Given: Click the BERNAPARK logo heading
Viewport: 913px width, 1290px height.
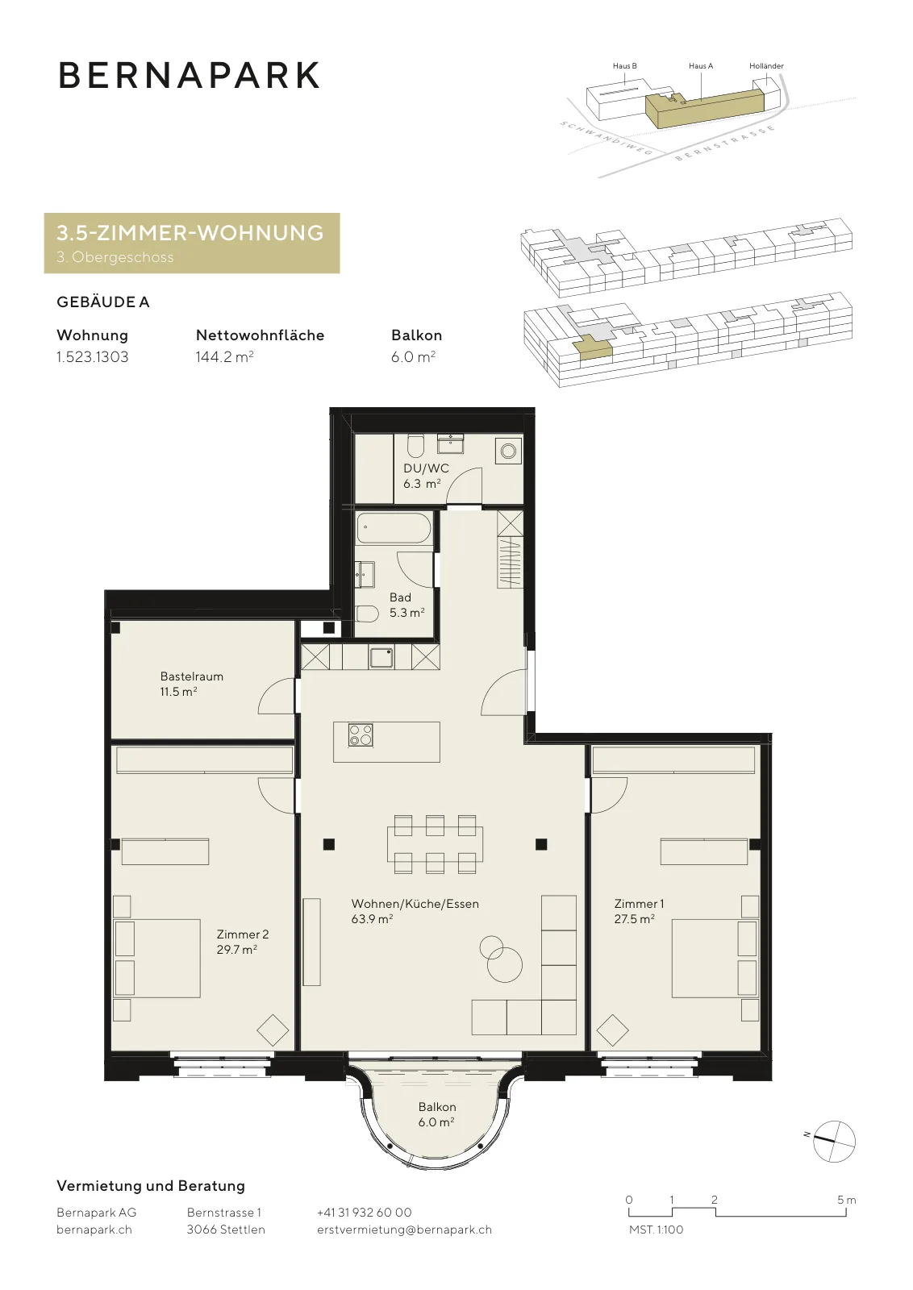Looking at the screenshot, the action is click(189, 75).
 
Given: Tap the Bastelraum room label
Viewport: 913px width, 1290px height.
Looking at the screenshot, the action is click(192, 676).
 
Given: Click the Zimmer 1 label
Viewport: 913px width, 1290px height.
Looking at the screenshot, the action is click(639, 904).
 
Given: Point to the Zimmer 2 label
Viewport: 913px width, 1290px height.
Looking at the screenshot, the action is click(243, 934).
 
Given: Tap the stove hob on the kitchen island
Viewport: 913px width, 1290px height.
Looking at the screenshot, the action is click(361, 734).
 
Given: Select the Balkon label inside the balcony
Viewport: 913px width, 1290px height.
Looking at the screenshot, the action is click(437, 1107).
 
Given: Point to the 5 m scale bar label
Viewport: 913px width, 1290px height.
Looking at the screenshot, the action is click(847, 1200).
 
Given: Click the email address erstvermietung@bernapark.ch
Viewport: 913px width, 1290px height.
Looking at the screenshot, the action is click(404, 1230).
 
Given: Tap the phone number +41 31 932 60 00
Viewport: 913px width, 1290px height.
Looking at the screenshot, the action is click(364, 1213).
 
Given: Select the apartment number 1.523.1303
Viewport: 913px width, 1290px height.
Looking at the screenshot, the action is click(92, 357).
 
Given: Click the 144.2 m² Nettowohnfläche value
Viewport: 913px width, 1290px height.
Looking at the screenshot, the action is click(225, 357).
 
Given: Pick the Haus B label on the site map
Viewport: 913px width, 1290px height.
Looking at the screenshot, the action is click(625, 65).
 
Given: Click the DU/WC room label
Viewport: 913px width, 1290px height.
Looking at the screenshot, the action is click(426, 468).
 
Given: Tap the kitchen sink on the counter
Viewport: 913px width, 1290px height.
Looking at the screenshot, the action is click(381, 657).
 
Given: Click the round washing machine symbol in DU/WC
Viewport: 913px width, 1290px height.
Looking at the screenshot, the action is click(509, 451).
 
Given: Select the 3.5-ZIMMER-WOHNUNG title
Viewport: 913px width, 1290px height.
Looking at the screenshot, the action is click(190, 233).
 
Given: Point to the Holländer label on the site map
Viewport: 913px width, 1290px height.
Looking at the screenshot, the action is click(766, 65).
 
